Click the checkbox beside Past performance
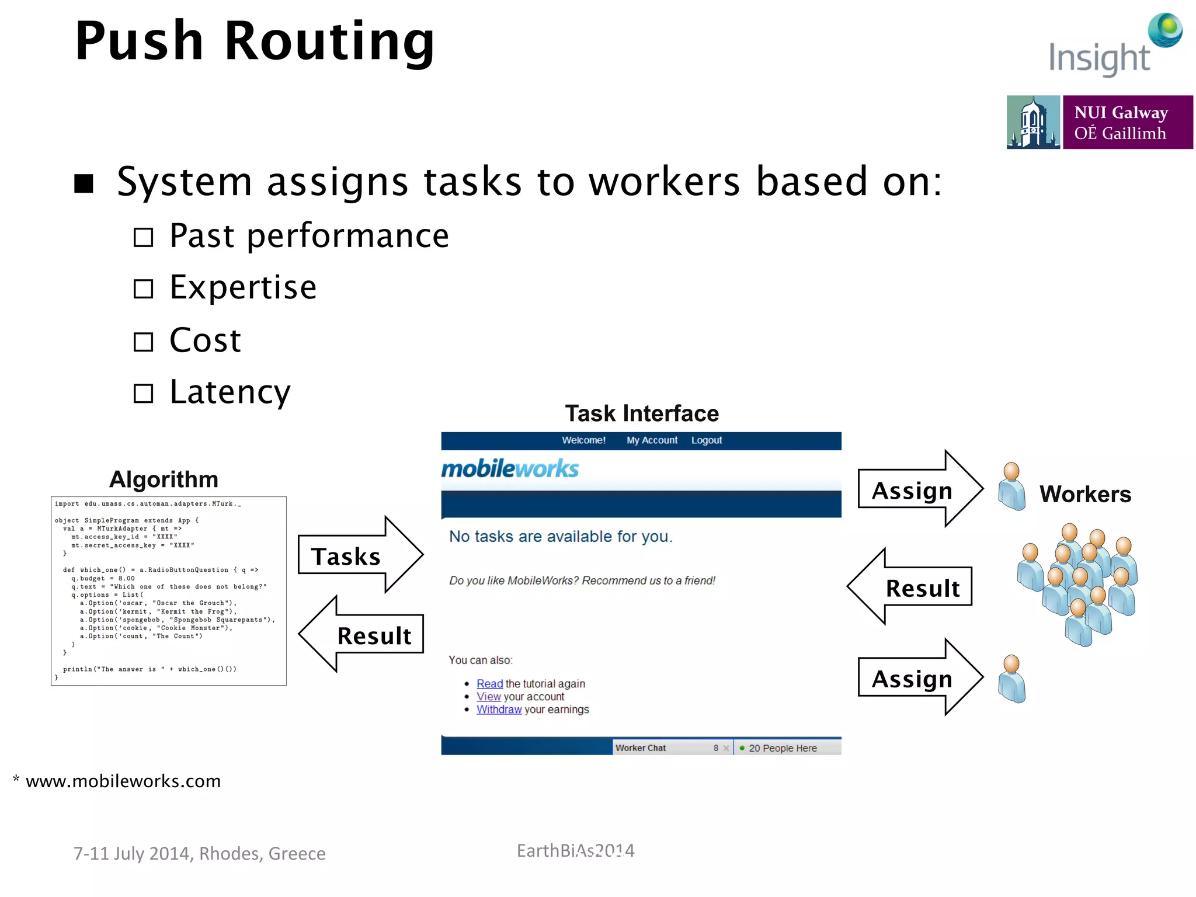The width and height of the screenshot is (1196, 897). click(143, 237)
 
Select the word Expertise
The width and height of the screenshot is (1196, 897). click(243, 287)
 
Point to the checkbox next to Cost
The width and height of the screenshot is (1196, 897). click(143, 342)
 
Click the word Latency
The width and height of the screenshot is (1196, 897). click(230, 392)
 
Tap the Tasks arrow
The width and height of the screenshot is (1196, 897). click(357, 555)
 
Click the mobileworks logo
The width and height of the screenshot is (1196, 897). click(510, 469)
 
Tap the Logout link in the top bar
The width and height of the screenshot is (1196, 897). click(706, 440)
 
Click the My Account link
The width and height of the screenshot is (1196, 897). click(652, 440)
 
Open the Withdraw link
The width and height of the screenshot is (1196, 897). click(499, 710)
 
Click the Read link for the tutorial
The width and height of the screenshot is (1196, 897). click(489, 684)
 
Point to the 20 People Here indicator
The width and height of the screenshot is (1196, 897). click(781, 748)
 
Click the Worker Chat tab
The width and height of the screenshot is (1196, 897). click(641, 748)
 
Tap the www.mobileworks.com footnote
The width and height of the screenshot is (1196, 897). click(123, 781)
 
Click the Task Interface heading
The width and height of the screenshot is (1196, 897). click(641, 413)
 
